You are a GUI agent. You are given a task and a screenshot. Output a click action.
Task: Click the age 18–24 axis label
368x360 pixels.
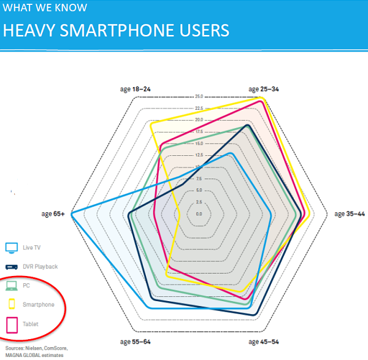point(135,90)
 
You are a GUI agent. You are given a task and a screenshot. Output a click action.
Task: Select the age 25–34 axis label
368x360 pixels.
point(264,90)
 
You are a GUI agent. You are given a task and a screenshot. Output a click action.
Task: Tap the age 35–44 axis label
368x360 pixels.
point(350,214)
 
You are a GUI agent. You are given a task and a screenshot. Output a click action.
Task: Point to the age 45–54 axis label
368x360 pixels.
point(264,341)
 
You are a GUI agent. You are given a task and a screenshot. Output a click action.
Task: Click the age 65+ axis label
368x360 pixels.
point(53,214)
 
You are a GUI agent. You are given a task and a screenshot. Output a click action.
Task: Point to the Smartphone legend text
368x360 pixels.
point(39,305)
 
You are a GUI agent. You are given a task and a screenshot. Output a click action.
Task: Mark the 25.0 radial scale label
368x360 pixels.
point(199,97)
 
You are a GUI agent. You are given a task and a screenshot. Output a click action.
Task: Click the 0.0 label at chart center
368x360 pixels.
point(199,214)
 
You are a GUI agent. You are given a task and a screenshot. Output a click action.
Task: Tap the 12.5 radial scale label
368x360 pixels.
point(199,155)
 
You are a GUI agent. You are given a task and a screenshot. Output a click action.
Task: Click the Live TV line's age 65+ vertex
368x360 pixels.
point(72,213)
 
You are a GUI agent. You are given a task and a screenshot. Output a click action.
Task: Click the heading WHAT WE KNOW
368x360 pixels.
point(45,8)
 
